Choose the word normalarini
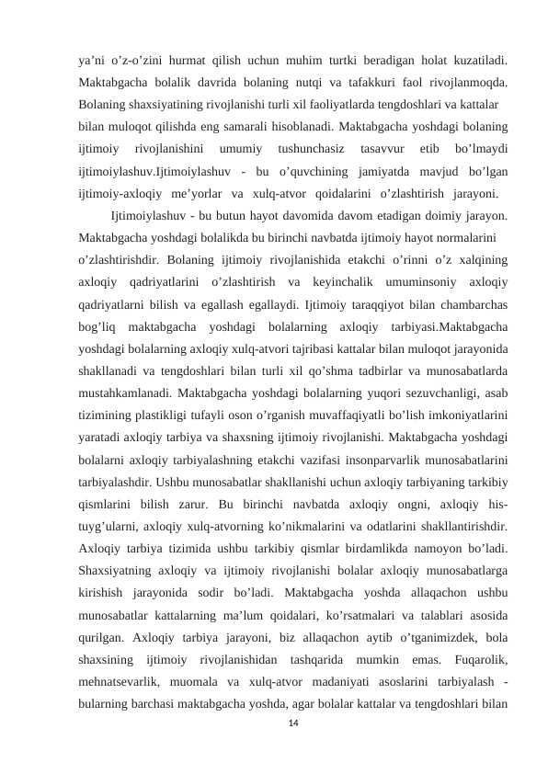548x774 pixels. (x=455, y=237)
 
